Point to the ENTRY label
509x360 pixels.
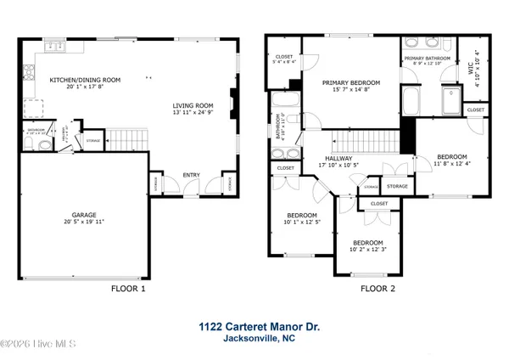click(193, 176)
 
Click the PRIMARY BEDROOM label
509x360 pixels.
click(350, 82)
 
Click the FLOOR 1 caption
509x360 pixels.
click(129, 289)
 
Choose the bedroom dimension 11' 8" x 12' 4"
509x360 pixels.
click(451, 164)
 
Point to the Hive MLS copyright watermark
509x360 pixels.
click(37, 343)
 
